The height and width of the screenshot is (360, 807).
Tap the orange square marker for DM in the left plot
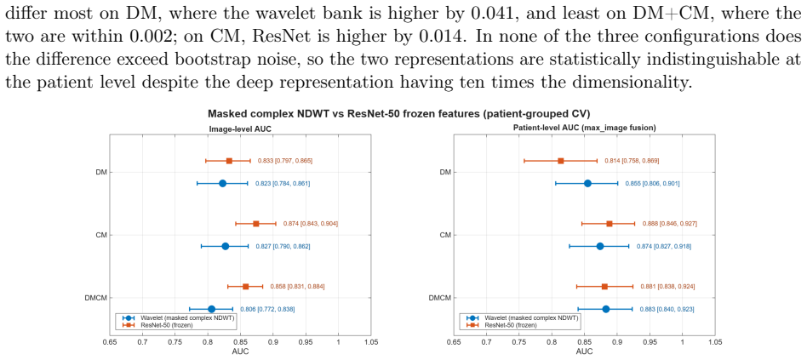click(x=229, y=161)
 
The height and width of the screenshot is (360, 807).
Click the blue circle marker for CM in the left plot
click(x=225, y=246)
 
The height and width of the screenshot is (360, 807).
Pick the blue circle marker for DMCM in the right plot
click(x=606, y=309)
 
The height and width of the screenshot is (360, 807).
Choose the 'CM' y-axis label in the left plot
click(x=100, y=235)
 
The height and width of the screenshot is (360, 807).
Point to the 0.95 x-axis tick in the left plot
click(x=306, y=342)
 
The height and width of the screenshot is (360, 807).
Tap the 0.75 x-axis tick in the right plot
click(x=518, y=342)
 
